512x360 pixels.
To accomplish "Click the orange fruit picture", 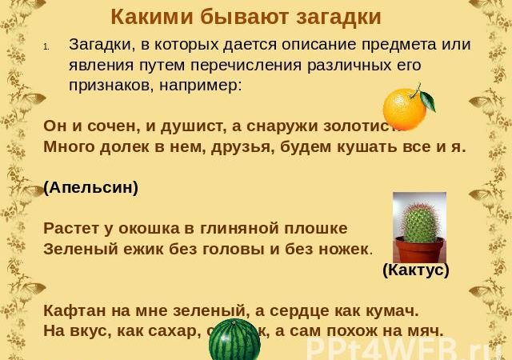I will (406, 109).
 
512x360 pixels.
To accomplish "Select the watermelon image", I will (234, 343).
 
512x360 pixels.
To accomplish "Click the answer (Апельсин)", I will (90, 187).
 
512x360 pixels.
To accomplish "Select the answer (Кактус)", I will (416, 270).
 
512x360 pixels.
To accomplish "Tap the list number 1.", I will (48, 45).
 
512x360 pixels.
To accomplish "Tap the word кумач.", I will (395, 310).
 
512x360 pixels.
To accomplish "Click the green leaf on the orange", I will (426, 100).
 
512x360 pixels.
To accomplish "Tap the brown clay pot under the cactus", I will (418, 250).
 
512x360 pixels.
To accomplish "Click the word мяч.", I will (425, 330).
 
